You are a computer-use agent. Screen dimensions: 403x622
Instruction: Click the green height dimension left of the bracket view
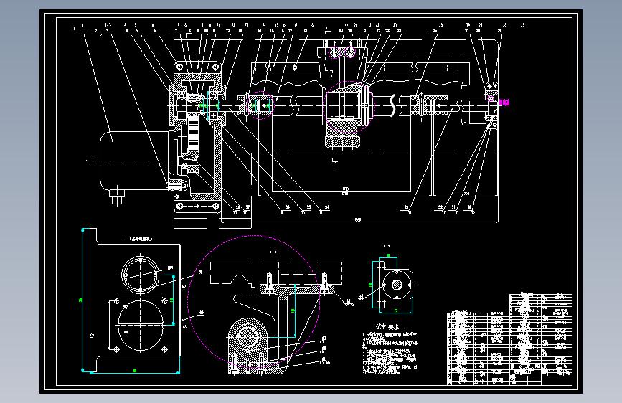[81, 300]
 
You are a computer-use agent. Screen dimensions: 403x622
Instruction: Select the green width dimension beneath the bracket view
[135, 370]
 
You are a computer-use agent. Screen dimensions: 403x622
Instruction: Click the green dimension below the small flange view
[396, 310]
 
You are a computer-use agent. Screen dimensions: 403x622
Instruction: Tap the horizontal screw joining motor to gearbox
[177, 184]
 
